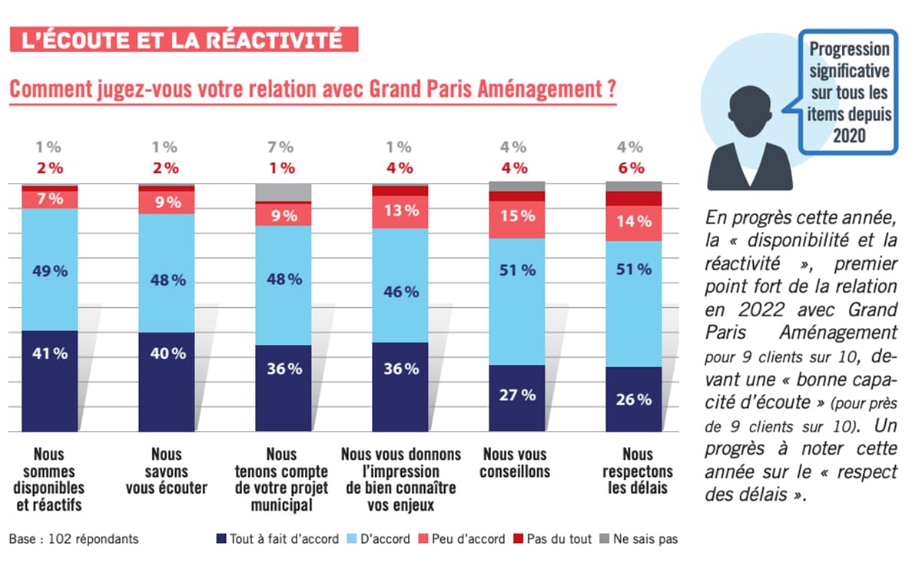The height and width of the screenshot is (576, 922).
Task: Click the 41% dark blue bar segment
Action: coord(50,380)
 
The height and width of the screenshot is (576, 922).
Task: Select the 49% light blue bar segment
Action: coord(50,270)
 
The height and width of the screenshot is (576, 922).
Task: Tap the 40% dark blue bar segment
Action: coord(167,382)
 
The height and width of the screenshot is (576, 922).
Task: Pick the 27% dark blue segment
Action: coord(517,398)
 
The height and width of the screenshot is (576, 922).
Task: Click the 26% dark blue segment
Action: coord(633,399)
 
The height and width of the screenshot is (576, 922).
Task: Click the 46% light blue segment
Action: coord(400,285)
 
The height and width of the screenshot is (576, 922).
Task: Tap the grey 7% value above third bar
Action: coord(282,147)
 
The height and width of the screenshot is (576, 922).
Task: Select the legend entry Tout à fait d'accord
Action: coord(277,539)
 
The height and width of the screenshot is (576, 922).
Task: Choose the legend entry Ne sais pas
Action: coord(638,539)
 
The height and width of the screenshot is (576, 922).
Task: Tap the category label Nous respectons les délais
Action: coord(637,470)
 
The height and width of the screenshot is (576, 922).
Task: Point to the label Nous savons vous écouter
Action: coord(166,470)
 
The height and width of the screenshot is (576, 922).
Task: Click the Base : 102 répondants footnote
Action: coord(74,539)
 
